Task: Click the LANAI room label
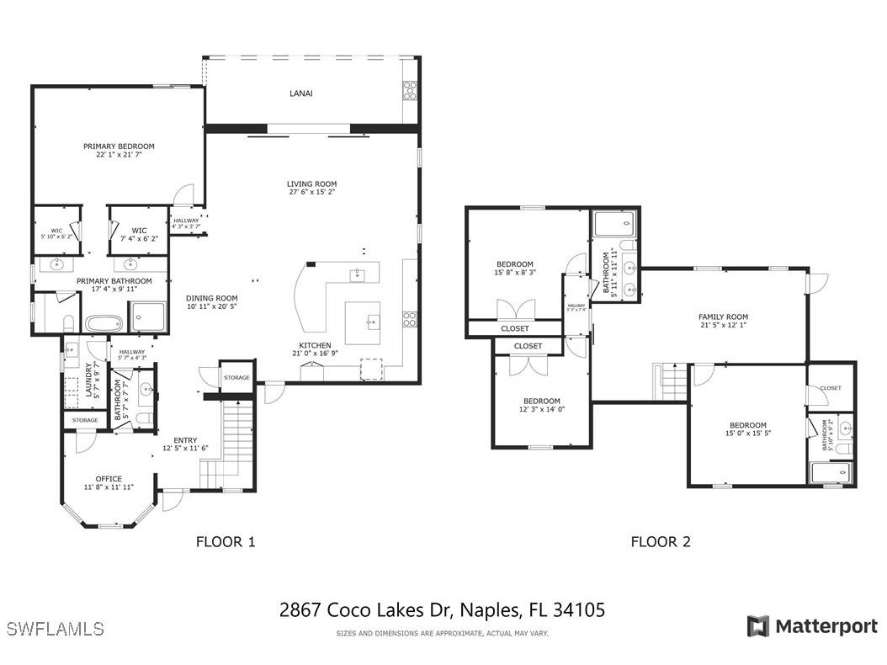[x=300, y=93]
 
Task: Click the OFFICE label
[x=109, y=479]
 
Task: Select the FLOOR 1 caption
[x=226, y=542]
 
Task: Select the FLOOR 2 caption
[x=661, y=542]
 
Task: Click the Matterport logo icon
[x=757, y=626]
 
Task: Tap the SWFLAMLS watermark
[x=55, y=629]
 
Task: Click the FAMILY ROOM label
[x=723, y=317]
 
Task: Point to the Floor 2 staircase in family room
[x=671, y=382]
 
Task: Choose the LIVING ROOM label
[x=311, y=184]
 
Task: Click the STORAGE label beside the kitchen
[x=236, y=378]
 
